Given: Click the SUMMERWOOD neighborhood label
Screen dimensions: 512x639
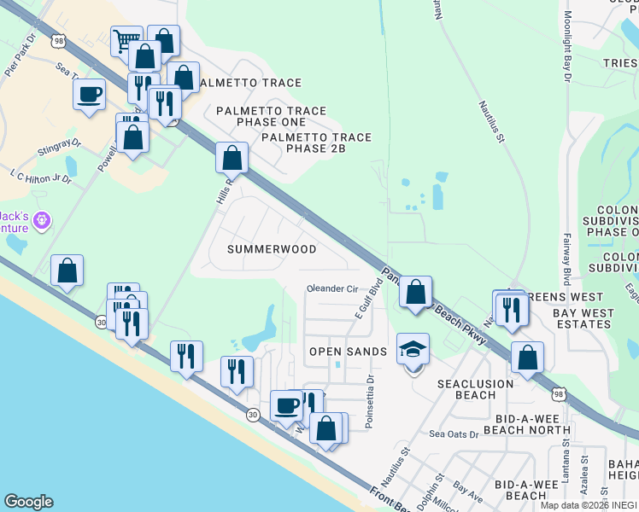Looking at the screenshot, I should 272,249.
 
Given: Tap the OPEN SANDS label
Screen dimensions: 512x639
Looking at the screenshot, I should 348,352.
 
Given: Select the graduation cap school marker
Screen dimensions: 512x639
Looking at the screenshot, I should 413,350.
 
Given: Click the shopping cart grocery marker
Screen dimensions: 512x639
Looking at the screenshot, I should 126,40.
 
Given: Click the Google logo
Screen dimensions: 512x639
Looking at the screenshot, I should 28,502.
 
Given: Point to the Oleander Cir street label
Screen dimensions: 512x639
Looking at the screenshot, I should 331,288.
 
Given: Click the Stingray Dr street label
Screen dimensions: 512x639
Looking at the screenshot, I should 58,149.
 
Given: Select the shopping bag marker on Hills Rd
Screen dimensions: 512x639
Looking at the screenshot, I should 232,158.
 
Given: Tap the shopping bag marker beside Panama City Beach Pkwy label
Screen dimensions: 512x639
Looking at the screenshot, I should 415,293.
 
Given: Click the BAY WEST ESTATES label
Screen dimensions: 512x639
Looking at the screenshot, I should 583,319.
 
